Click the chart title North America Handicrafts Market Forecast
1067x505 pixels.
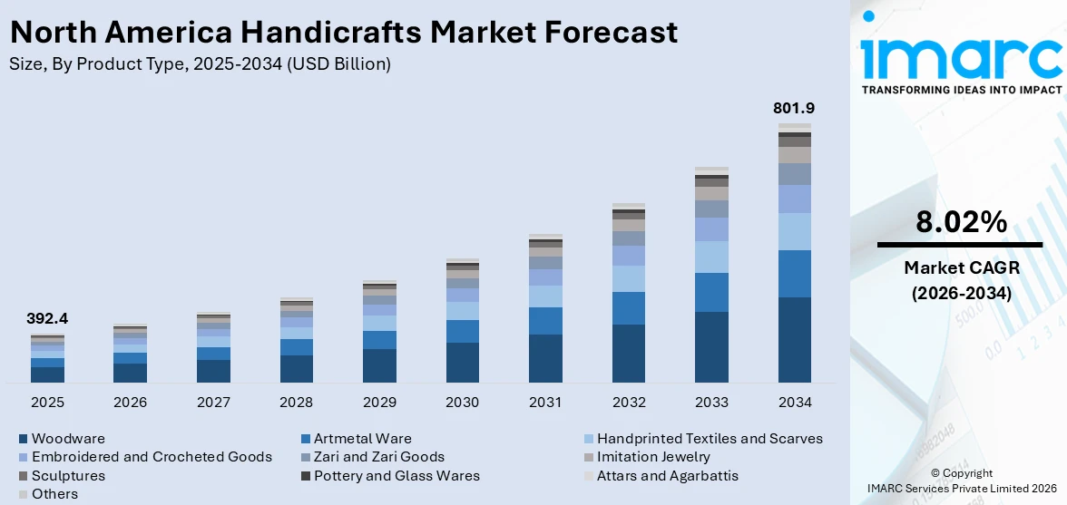(x=344, y=33)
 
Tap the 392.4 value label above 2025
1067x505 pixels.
(x=47, y=319)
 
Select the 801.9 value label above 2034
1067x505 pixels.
(x=794, y=108)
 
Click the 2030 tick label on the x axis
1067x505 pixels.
(x=462, y=402)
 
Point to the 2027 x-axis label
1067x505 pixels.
(x=213, y=402)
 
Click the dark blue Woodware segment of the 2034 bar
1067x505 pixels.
(x=794, y=340)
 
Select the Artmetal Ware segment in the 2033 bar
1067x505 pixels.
(x=711, y=292)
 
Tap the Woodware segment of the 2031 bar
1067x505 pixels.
(x=545, y=358)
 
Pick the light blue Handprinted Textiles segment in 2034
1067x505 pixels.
(x=794, y=231)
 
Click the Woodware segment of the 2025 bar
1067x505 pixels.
(x=47, y=374)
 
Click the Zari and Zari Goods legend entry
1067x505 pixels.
(x=378, y=457)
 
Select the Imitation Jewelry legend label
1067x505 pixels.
(x=652, y=457)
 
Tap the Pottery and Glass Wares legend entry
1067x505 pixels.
(x=396, y=476)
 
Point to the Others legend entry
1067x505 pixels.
(x=54, y=494)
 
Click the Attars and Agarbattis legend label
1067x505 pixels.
(x=667, y=476)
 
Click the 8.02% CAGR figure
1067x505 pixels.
(x=961, y=223)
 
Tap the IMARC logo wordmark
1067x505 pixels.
(x=961, y=56)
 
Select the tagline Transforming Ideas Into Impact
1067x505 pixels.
(x=961, y=90)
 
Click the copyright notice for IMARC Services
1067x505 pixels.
(x=961, y=481)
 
